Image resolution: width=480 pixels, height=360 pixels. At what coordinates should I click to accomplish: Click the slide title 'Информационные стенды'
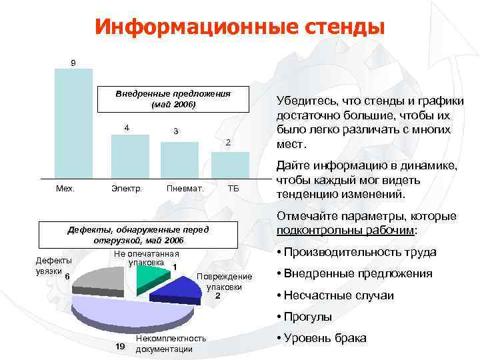[239, 26]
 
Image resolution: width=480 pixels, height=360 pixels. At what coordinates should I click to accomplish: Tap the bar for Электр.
[129, 157]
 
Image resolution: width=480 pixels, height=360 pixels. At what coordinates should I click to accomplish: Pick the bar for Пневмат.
[179, 160]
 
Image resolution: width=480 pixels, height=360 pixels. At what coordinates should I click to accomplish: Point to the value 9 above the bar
[73, 63]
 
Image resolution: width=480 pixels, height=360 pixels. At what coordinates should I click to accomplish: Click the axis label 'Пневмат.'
[185, 189]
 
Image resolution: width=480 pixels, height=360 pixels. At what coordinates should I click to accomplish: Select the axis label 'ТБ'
[233, 189]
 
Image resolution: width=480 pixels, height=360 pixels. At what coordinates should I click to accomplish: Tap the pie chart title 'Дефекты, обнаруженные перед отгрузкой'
[139, 235]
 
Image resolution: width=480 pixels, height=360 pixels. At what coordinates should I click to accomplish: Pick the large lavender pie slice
[133, 310]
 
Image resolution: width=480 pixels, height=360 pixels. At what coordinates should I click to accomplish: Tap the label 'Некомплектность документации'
[170, 344]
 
